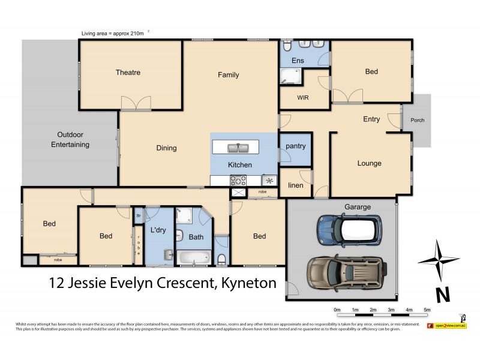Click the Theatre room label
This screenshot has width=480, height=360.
[x=128, y=73]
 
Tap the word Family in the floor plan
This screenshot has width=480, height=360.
[x=228, y=75]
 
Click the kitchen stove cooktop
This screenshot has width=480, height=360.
[x=238, y=179]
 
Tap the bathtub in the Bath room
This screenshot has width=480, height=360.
[x=192, y=259]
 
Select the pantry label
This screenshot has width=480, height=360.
[x=295, y=146]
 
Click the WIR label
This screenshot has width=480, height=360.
[x=302, y=97]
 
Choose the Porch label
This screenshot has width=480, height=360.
[x=417, y=120]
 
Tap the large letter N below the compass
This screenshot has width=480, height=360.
[x=443, y=294]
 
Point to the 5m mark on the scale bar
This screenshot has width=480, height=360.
[x=427, y=310]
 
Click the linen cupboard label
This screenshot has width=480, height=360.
[x=295, y=185]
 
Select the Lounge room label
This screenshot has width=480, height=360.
[x=369, y=163]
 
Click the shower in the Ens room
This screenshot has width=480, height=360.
[x=291, y=76]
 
